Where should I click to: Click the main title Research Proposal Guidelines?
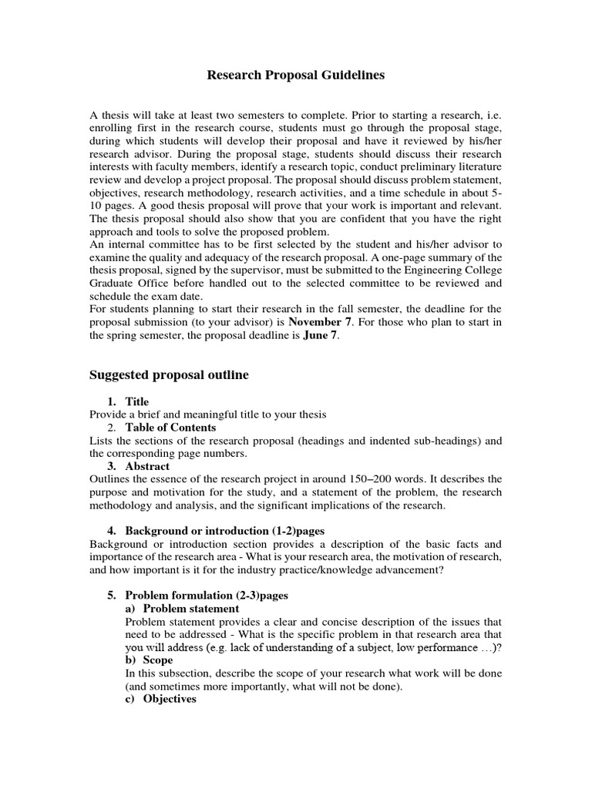(x=296, y=76)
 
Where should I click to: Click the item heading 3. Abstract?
(x=139, y=466)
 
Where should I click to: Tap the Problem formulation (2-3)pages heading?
(x=198, y=596)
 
